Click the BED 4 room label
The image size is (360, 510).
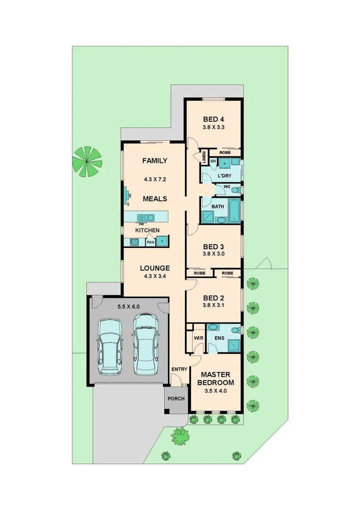pos(213,119)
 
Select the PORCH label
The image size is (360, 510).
pos(176,399)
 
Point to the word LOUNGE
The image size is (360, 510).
pos(155,268)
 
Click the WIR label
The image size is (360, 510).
pos(198,338)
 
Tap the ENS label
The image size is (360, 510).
pos(219,338)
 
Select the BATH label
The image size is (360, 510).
pos(218,207)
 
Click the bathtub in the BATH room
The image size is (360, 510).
pos(234,210)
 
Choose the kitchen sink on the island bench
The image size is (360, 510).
pos(145,218)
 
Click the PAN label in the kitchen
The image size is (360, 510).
pos(151,242)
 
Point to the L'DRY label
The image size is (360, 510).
pos(225,176)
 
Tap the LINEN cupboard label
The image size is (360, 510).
pos(204,156)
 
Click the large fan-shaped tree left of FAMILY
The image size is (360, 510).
pos(87,161)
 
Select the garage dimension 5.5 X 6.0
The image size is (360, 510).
pos(128,306)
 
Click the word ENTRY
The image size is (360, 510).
pos(179,369)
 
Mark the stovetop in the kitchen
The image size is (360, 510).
pos(134,242)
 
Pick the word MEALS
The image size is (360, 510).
pos(155,199)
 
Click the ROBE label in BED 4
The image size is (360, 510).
pos(225,153)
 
